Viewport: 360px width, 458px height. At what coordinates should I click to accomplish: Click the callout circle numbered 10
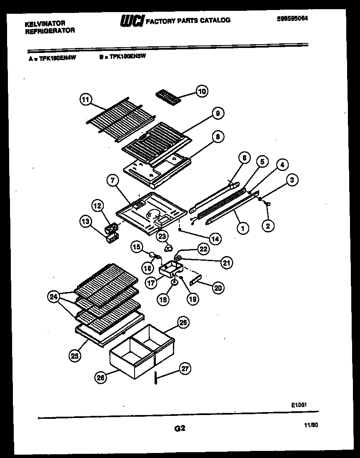point(202,91)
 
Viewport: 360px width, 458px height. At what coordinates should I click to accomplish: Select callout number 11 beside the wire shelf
point(85,100)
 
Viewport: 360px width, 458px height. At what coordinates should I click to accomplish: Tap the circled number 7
point(112,181)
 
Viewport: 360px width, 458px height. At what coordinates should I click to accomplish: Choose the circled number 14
point(215,239)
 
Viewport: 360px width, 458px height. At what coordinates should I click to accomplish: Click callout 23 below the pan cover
point(162,235)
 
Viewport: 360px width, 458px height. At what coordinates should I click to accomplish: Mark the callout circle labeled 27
point(185,368)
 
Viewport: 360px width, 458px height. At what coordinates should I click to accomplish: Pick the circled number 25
point(75,355)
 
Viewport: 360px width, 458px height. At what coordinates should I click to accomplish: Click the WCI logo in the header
point(132,20)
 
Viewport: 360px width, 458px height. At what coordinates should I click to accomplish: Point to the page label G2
point(179,428)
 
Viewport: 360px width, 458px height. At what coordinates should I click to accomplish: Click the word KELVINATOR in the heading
point(45,24)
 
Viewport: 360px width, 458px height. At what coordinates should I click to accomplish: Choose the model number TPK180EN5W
point(128,58)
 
